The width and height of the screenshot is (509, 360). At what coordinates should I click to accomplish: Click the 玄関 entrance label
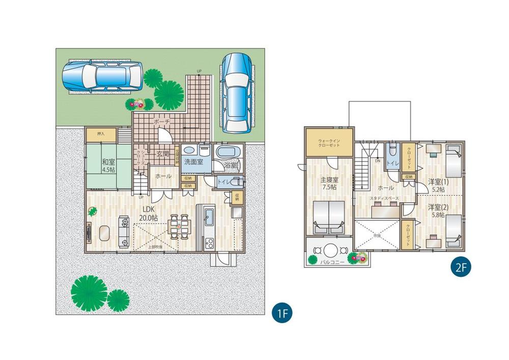point(162,154)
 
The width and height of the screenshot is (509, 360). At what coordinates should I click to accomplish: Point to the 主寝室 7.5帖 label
point(329,183)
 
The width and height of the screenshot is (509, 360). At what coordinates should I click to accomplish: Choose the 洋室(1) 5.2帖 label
point(436,185)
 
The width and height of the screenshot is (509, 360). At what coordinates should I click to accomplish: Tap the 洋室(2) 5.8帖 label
point(436,211)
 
